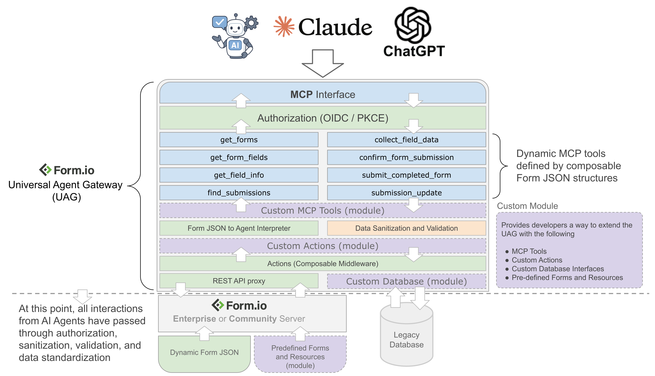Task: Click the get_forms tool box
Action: point(239,140)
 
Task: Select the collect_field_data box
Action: point(406,140)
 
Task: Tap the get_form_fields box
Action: point(239,157)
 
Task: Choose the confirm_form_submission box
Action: point(406,157)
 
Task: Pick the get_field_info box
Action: point(239,175)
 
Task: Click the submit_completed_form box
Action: point(406,175)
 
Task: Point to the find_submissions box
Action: point(239,193)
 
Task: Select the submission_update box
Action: point(406,193)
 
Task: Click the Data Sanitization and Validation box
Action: point(406,228)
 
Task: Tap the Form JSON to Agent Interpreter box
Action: point(239,228)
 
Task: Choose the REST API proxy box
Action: point(239,281)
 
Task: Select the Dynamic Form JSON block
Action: point(204,352)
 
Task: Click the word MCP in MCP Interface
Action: point(301,95)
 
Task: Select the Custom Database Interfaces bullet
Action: point(558,269)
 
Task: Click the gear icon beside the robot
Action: point(252,23)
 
